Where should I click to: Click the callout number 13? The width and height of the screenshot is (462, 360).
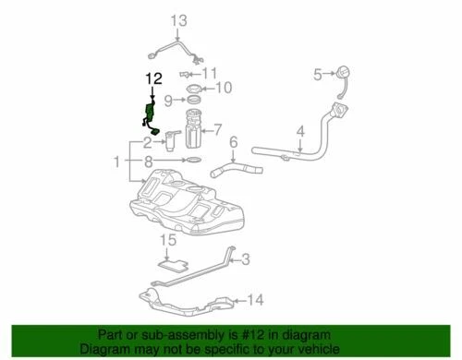(178, 19)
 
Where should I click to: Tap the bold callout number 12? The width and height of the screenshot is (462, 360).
(152, 81)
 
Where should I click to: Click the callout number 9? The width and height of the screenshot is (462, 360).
(168, 100)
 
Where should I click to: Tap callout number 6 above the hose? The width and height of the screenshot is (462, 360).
(234, 143)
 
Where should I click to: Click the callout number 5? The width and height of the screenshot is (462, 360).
(316, 76)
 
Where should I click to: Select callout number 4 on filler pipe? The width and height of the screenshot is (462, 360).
(300, 132)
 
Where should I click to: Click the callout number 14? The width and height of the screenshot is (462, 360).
(256, 299)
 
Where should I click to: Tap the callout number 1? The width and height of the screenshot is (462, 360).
(116, 162)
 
